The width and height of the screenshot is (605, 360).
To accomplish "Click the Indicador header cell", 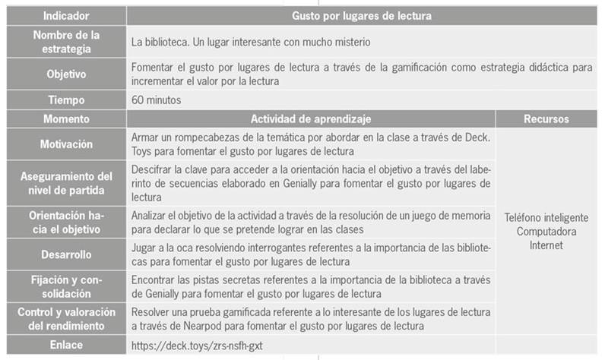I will click(x=65, y=14).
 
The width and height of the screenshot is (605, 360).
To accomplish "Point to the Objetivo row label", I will click(x=65, y=74).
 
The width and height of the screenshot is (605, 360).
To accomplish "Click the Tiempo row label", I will click(x=65, y=100).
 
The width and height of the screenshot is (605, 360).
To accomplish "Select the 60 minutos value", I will click(x=157, y=100).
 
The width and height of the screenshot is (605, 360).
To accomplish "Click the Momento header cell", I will click(x=65, y=118).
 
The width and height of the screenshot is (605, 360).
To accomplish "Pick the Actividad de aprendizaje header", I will click(x=312, y=118).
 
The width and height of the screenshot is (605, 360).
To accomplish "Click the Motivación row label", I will click(x=65, y=144).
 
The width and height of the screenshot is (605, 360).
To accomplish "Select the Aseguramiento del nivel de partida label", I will click(x=65, y=182).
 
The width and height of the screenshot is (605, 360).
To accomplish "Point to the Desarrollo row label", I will click(x=65, y=254).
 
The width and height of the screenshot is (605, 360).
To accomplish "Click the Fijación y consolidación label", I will click(x=65, y=286).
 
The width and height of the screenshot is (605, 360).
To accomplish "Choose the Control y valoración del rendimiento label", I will click(x=65, y=318).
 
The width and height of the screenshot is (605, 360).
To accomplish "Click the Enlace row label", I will click(x=65, y=346).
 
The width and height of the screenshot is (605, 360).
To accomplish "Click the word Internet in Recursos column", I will click(x=546, y=245).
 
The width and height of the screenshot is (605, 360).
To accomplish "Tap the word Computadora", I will click(x=546, y=231).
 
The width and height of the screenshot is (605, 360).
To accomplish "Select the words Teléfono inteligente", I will click(x=546, y=217).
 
